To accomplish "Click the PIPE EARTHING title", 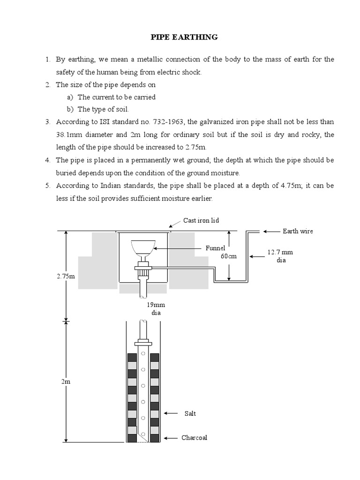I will point(184,37).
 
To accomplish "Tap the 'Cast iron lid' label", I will point(201,220).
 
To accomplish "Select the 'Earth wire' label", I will point(298,231).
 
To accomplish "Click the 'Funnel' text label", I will point(216,248).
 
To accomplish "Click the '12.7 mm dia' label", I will point(280,256).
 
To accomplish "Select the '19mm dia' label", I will point(153,308).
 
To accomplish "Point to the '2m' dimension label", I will point(66,382).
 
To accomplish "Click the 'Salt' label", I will point(190,413).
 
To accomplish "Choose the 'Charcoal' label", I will point(194,438).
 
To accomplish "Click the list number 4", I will point(47,160).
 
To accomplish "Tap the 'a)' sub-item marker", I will point(70,97).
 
